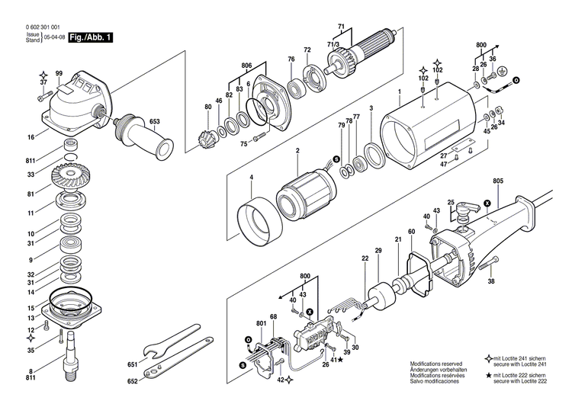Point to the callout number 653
coord(154,122)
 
